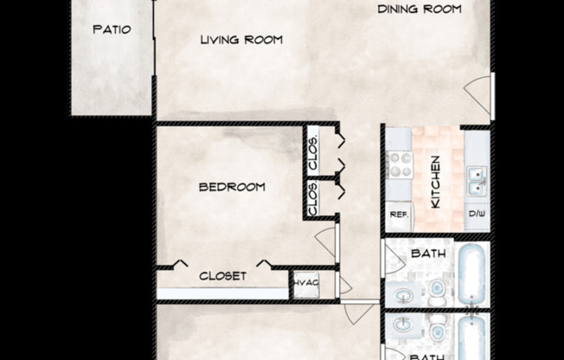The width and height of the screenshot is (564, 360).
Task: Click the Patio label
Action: (112, 29)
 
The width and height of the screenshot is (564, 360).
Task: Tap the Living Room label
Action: (241, 40)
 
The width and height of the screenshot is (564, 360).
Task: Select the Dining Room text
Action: (420, 10)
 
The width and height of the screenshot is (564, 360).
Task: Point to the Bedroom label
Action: (231, 187)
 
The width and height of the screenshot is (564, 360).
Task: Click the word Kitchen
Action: (436, 181)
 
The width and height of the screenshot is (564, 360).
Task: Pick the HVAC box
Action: (304, 283)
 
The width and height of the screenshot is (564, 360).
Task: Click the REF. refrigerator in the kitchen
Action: (398, 214)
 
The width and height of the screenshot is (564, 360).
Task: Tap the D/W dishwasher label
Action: (477, 214)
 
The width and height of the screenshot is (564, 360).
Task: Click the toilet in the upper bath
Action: (438, 290)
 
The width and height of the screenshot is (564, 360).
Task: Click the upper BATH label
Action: (427, 254)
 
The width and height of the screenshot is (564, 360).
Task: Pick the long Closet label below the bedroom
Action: (222, 276)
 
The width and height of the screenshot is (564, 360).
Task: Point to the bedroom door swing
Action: (325, 241)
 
